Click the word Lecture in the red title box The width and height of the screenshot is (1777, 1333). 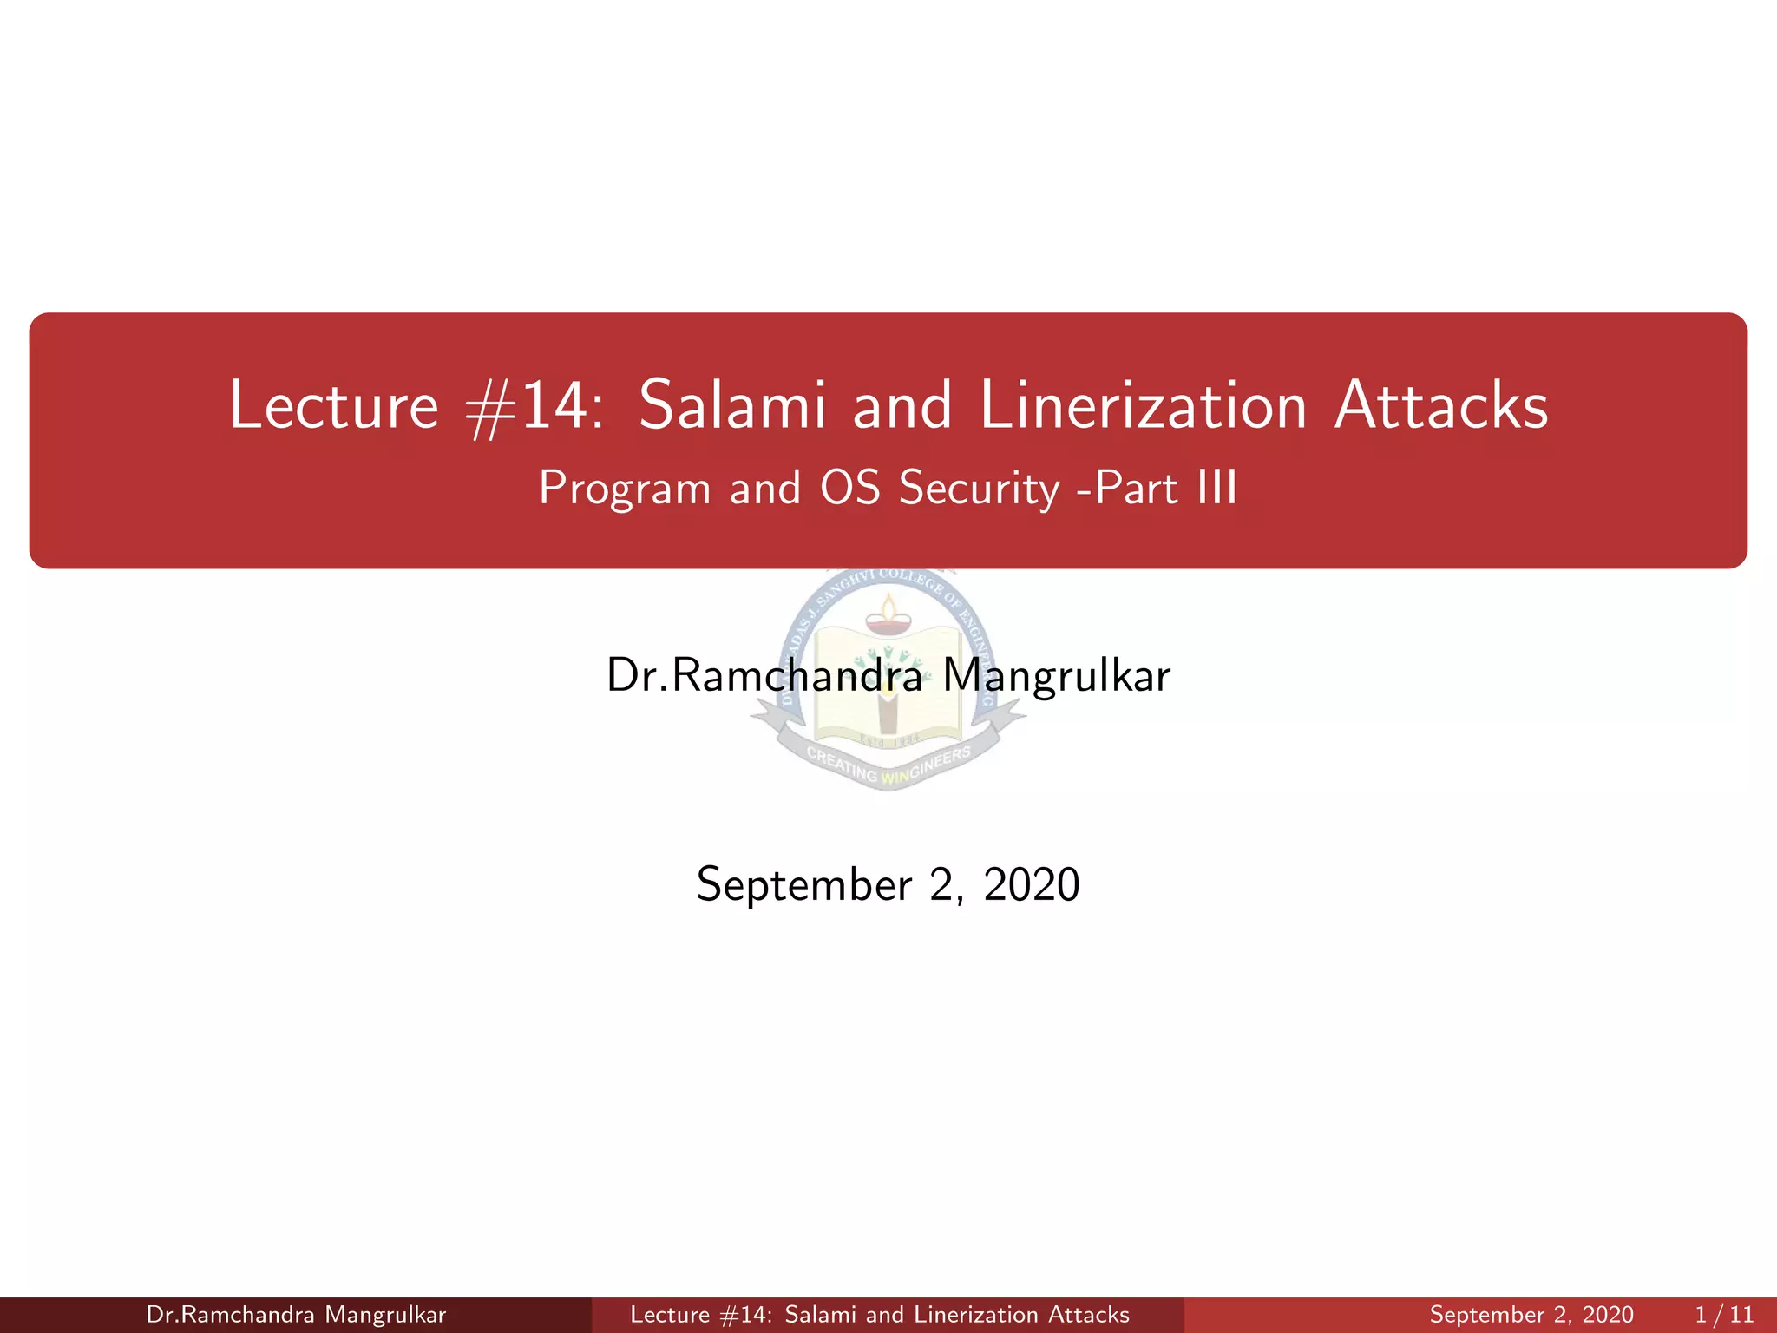[x=334, y=406]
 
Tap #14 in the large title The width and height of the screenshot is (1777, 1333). [x=531, y=406]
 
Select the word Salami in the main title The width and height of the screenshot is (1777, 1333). [x=732, y=406]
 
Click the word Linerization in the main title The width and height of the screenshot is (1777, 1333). [x=1143, y=406]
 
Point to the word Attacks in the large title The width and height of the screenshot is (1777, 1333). [x=1440, y=406]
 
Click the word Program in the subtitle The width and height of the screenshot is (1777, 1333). [x=624, y=489]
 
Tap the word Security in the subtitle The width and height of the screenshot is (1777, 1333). [x=979, y=489]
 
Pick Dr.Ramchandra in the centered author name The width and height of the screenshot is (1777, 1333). [x=764, y=675]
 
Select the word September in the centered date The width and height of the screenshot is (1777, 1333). [x=803, y=885]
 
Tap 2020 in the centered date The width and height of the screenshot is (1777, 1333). [x=1031, y=885]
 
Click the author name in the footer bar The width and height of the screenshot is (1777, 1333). [x=296, y=1315]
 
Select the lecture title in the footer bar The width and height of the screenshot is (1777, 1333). [x=880, y=1315]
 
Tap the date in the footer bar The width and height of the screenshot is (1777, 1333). [x=1531, y=1315]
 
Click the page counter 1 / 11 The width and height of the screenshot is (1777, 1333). [x=1723, y=1315]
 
